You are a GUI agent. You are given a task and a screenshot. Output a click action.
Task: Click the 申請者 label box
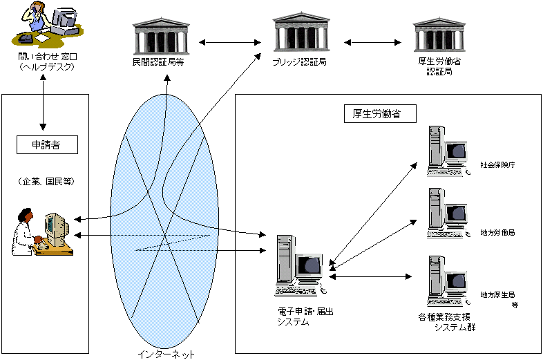46,144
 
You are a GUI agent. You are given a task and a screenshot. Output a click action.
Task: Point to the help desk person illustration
48,22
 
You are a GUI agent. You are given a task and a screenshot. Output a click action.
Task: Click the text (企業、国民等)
47,182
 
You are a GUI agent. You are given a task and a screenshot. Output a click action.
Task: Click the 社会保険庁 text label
497,166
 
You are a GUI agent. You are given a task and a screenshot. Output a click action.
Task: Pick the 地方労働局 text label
497,233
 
